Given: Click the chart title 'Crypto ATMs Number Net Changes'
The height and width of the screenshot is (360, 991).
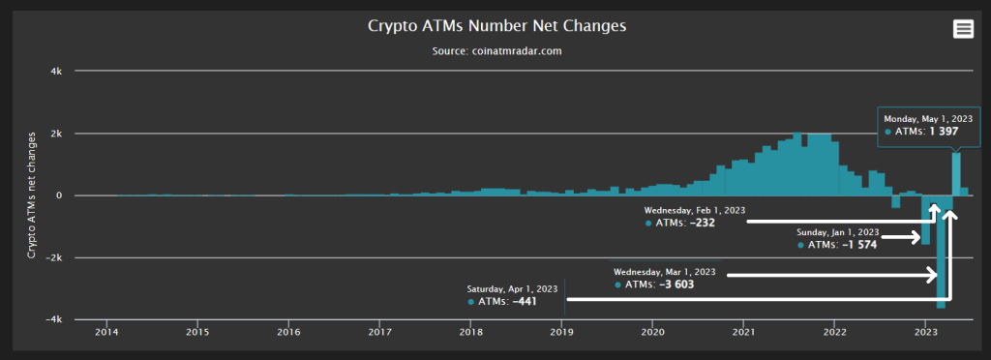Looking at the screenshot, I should click(496, 25).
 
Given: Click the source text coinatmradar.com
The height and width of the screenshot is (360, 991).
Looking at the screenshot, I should click(496, 50).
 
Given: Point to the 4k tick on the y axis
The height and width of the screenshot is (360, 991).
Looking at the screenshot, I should click(56, 72).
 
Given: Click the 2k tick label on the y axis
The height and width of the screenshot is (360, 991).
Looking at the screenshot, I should click(56, 134).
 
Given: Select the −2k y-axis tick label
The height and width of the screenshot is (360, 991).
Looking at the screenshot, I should click(53, 257).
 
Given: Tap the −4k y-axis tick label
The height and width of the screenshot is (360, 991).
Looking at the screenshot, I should click(53, 319).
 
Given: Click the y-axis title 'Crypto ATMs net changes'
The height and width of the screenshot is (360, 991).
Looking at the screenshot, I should click(32, 195).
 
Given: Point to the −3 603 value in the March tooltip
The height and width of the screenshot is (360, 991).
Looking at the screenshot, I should click(674, 285).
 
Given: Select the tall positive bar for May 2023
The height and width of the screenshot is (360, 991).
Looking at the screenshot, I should click(956, 174).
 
